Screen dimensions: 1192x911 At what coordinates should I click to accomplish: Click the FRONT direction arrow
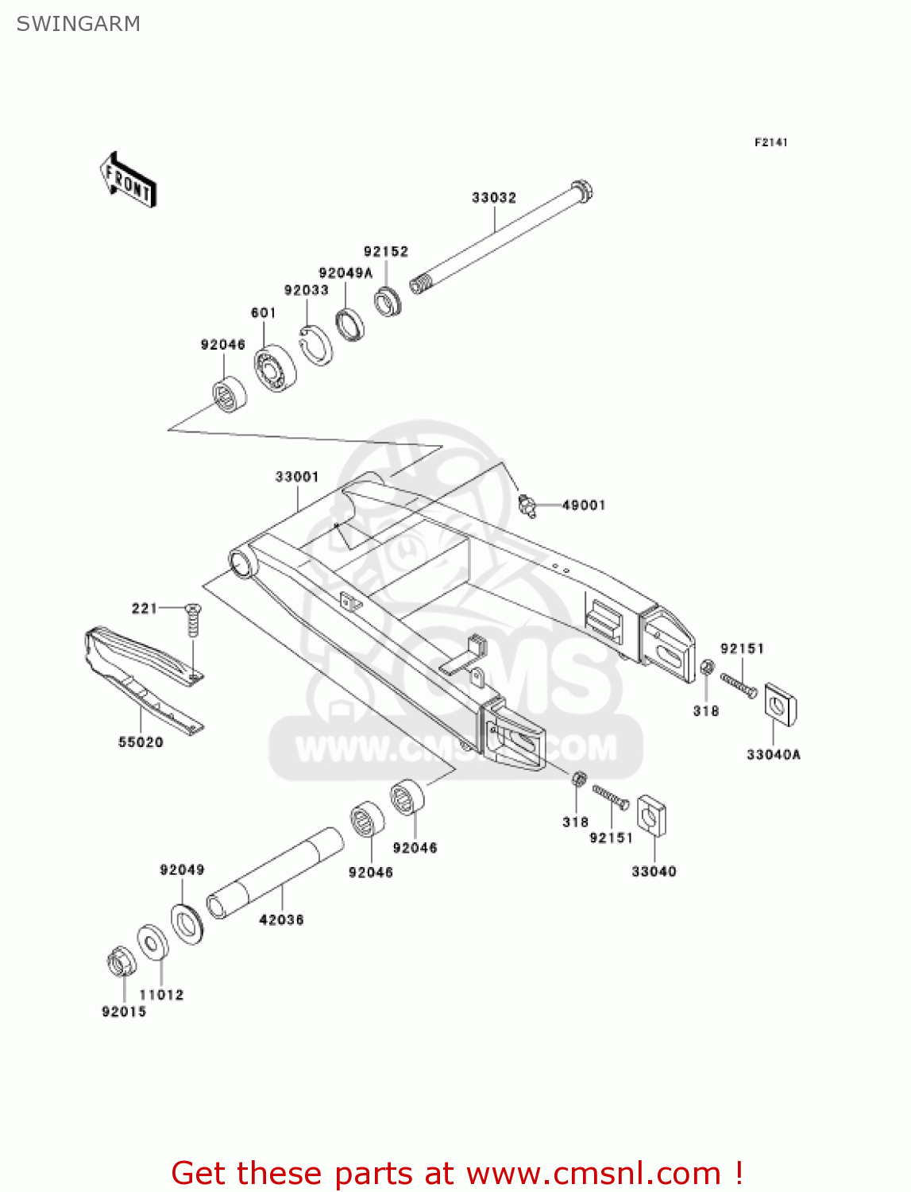(127, 180)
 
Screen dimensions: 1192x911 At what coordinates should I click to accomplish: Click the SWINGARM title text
(78, 24)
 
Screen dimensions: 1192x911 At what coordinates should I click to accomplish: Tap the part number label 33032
(493, 197)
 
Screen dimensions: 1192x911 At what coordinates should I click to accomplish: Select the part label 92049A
(345, 273)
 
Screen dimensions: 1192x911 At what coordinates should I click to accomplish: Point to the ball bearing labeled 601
(275, 368)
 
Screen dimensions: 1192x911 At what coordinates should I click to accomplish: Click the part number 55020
(141, 742)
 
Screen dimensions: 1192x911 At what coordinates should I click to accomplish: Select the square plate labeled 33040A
(780, 705)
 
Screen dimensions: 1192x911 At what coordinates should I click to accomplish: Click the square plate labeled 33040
(651, 815)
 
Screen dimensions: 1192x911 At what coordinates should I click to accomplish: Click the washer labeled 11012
(152, 942)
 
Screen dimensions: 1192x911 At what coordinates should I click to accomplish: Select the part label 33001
(297, 477)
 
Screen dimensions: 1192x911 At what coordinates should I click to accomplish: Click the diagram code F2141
(770, 142)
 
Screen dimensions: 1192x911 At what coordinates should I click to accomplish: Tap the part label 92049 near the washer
(182, 869)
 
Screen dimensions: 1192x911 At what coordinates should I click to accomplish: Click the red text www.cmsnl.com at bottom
(593, 1174)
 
